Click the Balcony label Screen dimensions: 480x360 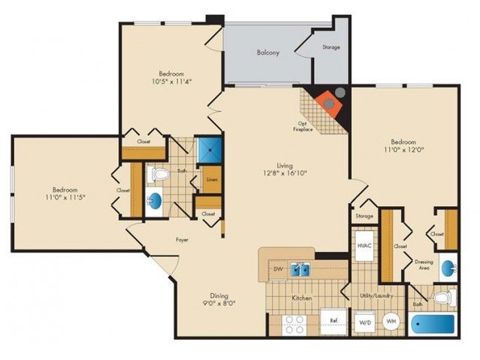(268, 53)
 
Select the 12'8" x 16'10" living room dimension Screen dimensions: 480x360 (285, 173)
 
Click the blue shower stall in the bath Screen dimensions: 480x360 (210, 150)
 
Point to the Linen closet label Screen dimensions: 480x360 (212, 179)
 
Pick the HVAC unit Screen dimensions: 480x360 (364, 246)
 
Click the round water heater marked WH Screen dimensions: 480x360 (391, 322)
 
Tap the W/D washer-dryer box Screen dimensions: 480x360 (365, 322)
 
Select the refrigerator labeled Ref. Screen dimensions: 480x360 (334, 322)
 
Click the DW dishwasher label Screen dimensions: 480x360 (278, 269)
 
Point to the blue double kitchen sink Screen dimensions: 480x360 (300, 269)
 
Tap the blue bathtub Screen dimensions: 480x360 (433, 324)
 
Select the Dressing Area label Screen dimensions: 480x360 (424, 265)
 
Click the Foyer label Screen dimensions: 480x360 (182, 240)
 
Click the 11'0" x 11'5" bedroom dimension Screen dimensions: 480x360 (65, 198)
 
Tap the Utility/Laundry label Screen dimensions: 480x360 (376, 295)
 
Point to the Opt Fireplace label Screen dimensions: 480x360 (303, 126)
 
